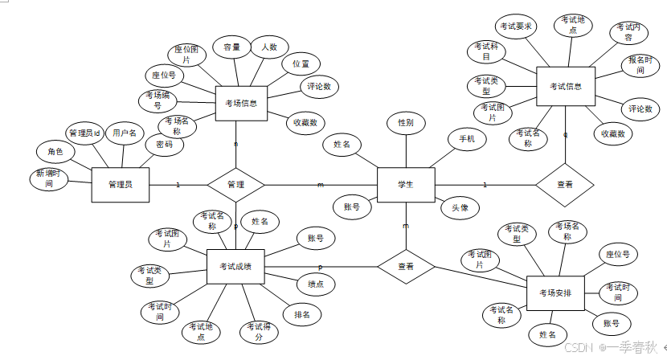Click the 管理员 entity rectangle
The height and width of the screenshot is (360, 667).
121,185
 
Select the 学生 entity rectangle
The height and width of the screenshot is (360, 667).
406,185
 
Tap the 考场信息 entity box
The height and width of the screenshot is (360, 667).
241,103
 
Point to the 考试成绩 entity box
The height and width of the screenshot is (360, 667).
235,267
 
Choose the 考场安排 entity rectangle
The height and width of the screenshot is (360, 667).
555,292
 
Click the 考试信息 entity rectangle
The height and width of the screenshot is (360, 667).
566,86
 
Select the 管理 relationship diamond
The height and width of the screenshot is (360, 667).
235,185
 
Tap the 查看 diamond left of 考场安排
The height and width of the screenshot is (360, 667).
406,266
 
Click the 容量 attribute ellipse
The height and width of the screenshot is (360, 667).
232,47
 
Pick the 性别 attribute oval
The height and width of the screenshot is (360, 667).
406,123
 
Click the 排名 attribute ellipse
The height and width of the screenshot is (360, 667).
302,313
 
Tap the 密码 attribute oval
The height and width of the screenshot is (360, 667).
165,145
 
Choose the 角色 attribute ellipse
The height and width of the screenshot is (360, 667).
55,151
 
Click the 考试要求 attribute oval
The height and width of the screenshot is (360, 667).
515,26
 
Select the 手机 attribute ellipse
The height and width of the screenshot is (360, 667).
467,140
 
